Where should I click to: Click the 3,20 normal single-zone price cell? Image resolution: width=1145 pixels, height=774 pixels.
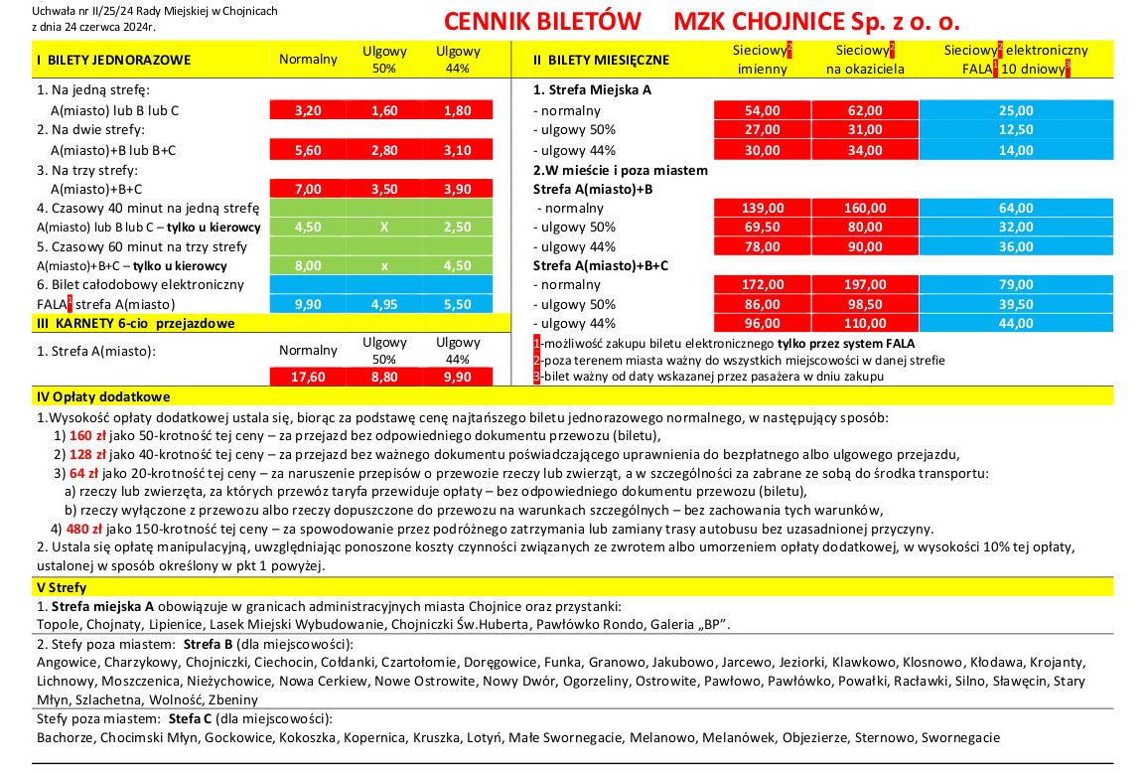point(308,110)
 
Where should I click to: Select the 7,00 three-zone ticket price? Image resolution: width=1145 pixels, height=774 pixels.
point(308,188)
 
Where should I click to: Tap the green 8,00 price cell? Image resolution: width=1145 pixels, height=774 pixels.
point(308,265)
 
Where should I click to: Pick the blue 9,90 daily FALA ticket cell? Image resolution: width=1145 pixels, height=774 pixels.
point(308,304)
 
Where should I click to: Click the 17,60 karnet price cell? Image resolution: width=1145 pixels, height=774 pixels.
point(308,377)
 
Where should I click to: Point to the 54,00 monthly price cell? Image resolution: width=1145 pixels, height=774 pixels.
point(762,110)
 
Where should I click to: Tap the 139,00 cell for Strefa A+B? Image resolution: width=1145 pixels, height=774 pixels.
point(762,208)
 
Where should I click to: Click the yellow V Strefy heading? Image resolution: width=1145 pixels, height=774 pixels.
point(61,587)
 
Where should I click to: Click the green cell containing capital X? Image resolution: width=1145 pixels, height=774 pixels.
point(384,227)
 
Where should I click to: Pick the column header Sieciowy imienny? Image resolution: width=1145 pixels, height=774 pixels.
point(762,59)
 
